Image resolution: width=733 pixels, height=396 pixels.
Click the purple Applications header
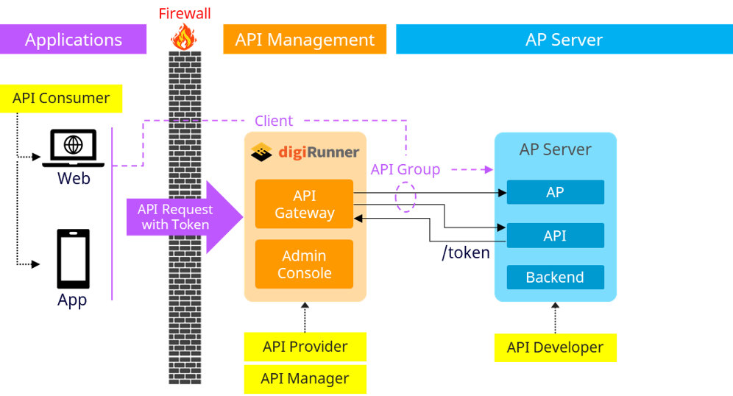click(74, 39)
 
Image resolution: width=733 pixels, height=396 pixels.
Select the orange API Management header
click(305, 39)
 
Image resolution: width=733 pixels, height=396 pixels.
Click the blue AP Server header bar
click(564, 39)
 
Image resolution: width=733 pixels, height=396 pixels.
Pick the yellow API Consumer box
click(62, 99)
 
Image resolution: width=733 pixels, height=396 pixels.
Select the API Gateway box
click(304, 205)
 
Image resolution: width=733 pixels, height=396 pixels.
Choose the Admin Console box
click(304, 264)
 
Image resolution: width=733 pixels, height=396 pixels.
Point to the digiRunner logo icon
click(262, 152)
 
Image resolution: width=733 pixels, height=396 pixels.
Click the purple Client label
click(274, 121)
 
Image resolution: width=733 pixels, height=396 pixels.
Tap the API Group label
click(405, 170)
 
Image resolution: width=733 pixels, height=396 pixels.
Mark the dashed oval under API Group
click(406, 197)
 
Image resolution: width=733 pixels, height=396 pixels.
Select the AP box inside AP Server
click(555, 192)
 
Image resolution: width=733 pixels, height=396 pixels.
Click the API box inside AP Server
click(555, 236)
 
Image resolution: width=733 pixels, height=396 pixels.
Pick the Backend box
click(555, 277)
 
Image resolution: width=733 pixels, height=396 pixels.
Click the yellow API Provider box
click(305, 347)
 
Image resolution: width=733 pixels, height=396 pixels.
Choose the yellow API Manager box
click(305, 379)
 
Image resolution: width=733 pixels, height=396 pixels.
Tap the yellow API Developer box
click(555, 347)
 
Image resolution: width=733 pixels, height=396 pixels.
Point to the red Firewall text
click(185, 13)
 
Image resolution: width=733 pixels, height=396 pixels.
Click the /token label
click(466, 253)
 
